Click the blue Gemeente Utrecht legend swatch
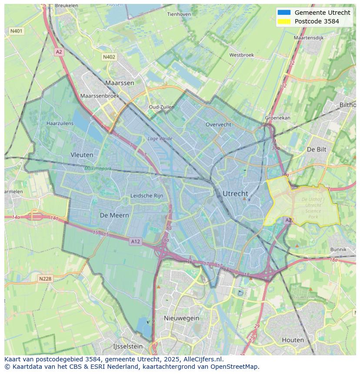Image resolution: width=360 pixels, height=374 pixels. click(283, 13)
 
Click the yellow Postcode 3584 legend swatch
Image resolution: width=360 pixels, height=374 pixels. click(283, 21)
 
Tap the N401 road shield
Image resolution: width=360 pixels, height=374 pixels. click(16, 31)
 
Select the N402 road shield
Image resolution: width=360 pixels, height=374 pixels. click(109, 57)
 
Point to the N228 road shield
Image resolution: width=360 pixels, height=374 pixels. click(45, 279)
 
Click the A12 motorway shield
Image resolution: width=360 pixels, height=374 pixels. click(135, 241)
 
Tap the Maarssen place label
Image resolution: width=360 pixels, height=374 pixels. click(120, 83)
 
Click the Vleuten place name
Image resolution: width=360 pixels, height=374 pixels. click(82, 155)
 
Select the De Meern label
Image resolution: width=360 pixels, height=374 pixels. click(114, 215)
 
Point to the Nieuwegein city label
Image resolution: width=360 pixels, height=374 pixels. click(181, 318)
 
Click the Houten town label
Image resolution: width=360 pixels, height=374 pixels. click(293, 340)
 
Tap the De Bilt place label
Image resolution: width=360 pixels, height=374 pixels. click(317, 149)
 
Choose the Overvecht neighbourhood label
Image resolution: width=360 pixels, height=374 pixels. click(218, 124)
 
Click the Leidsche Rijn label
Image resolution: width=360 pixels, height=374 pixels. click(147, 196)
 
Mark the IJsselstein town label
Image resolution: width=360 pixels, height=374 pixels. click(128, 347)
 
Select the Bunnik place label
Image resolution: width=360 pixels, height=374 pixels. click(338, 249)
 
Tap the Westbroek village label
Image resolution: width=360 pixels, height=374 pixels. click(241, 55)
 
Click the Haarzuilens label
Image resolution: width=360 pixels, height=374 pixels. click(60, 123)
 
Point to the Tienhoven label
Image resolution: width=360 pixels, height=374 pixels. click(179, 14)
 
